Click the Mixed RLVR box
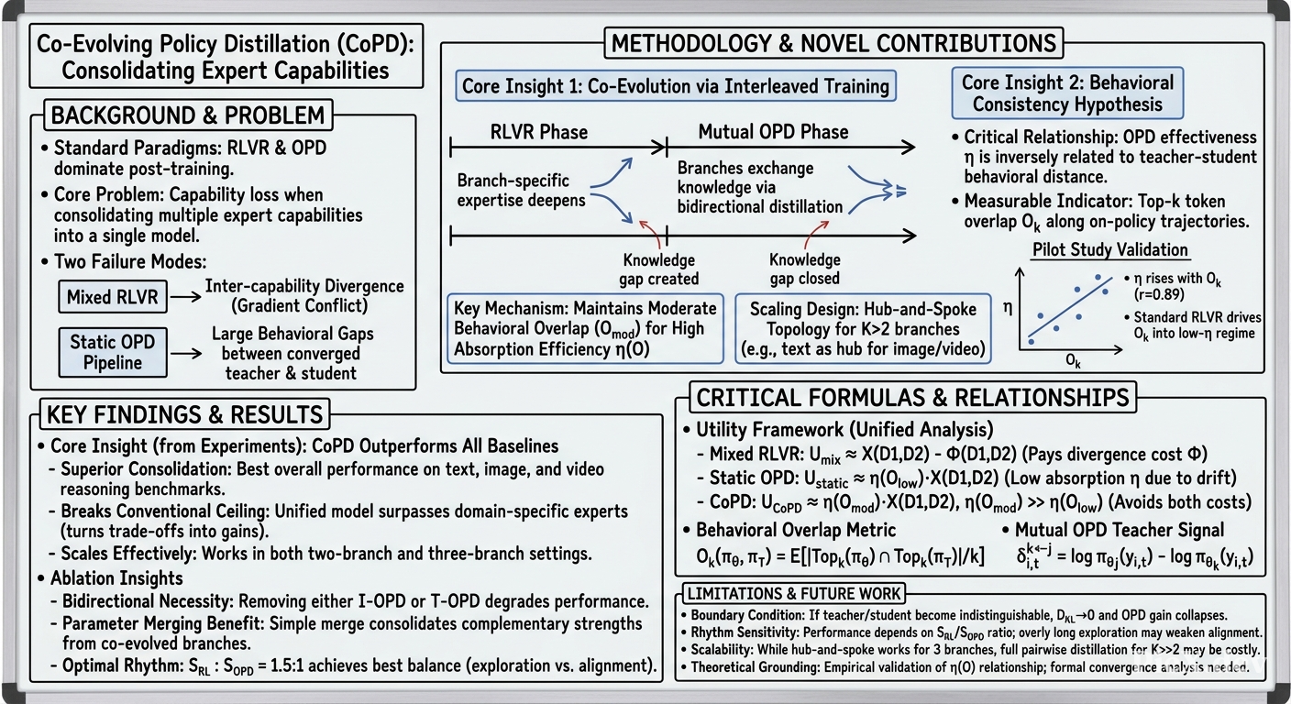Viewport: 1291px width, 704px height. tap(113, 297)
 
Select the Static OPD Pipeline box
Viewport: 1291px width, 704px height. tap(113, 353)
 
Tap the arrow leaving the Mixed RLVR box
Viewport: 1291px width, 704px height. tap(186, 297)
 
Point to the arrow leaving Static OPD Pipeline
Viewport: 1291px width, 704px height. tap(186, 353)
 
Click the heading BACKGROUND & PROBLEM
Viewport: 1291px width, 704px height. tap(188, 115)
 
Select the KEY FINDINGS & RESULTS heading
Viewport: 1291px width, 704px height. tap(184, 414)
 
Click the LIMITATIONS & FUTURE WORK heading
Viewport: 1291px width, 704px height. tap(794, 593)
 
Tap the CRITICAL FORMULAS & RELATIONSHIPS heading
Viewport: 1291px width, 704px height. tap(913, 398)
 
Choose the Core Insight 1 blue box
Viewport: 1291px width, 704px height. tap(676, 86)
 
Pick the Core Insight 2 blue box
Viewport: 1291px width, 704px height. tap(1067, 93)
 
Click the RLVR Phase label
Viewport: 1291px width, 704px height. tap(539, 132)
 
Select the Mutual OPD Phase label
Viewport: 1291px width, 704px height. tap(774, 132)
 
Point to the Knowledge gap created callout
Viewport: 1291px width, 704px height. tap(658, 269)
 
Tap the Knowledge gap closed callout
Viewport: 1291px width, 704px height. tap(804, 269)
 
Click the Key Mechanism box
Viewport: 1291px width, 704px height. tap(585, 328)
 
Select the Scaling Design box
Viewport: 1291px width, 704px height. tap(863, 328)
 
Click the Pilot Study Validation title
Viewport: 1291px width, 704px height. tap(1110, 249)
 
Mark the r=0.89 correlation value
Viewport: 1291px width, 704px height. tap(1159, 294)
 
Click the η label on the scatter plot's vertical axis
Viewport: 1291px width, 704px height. tap(1008, 308)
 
